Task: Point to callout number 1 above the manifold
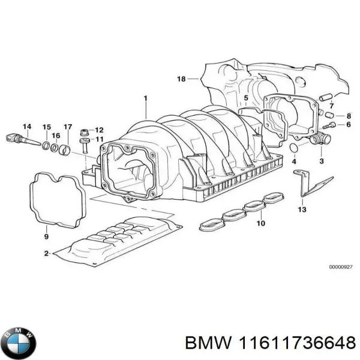(x=145, y=97)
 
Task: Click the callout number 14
(x=26, y=126)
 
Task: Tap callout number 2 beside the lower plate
(x=46, y=254)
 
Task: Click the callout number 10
(x=260, y=224)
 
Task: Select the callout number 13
(x=302, y=209)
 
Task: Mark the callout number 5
(x=245, y=98)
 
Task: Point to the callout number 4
(x=294, y=162)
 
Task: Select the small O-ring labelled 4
(x=293, y=147)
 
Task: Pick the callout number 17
(x=68, y=127)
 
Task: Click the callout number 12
(x=99, y=130)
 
